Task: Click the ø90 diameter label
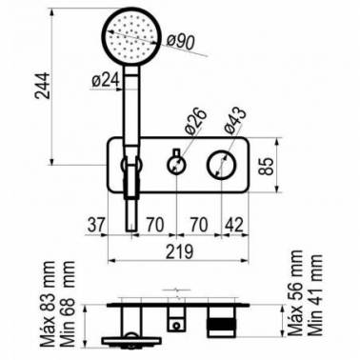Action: (181, 41)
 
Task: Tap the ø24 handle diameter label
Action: (106, 80)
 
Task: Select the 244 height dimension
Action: (43, 86)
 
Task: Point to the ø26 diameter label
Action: (194, 121)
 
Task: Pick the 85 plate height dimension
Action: (266, 166)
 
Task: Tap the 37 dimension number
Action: (96, 225)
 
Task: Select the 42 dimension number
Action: (234, 225)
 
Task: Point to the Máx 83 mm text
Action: (48, 304)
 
